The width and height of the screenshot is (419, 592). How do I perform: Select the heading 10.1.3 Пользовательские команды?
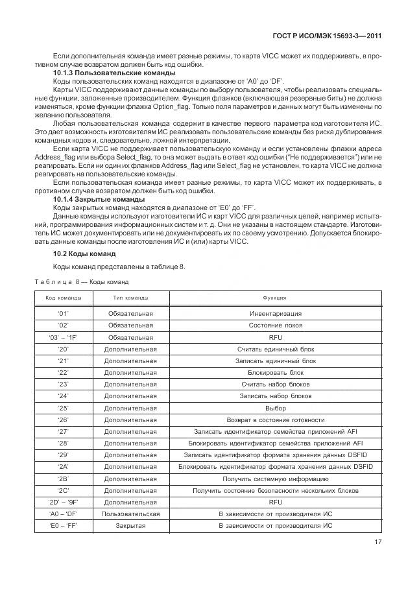click(104, 73)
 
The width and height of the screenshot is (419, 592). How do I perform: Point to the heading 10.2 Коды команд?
click(84, 254)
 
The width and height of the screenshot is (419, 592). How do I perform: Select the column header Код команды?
click(64, 298)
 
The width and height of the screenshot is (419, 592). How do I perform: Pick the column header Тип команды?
click(130, 298)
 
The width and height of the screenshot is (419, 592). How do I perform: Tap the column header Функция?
click(275, 298)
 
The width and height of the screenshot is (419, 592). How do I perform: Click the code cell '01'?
click(64, 313)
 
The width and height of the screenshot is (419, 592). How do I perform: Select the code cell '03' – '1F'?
click(64, 337)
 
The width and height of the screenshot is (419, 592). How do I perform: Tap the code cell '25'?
click(64, 408)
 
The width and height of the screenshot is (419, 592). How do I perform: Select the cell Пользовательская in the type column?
click(130, 514)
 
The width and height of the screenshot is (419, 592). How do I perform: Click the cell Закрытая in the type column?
click(130, 525)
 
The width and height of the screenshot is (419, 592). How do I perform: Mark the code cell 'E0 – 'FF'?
click(64, 525)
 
